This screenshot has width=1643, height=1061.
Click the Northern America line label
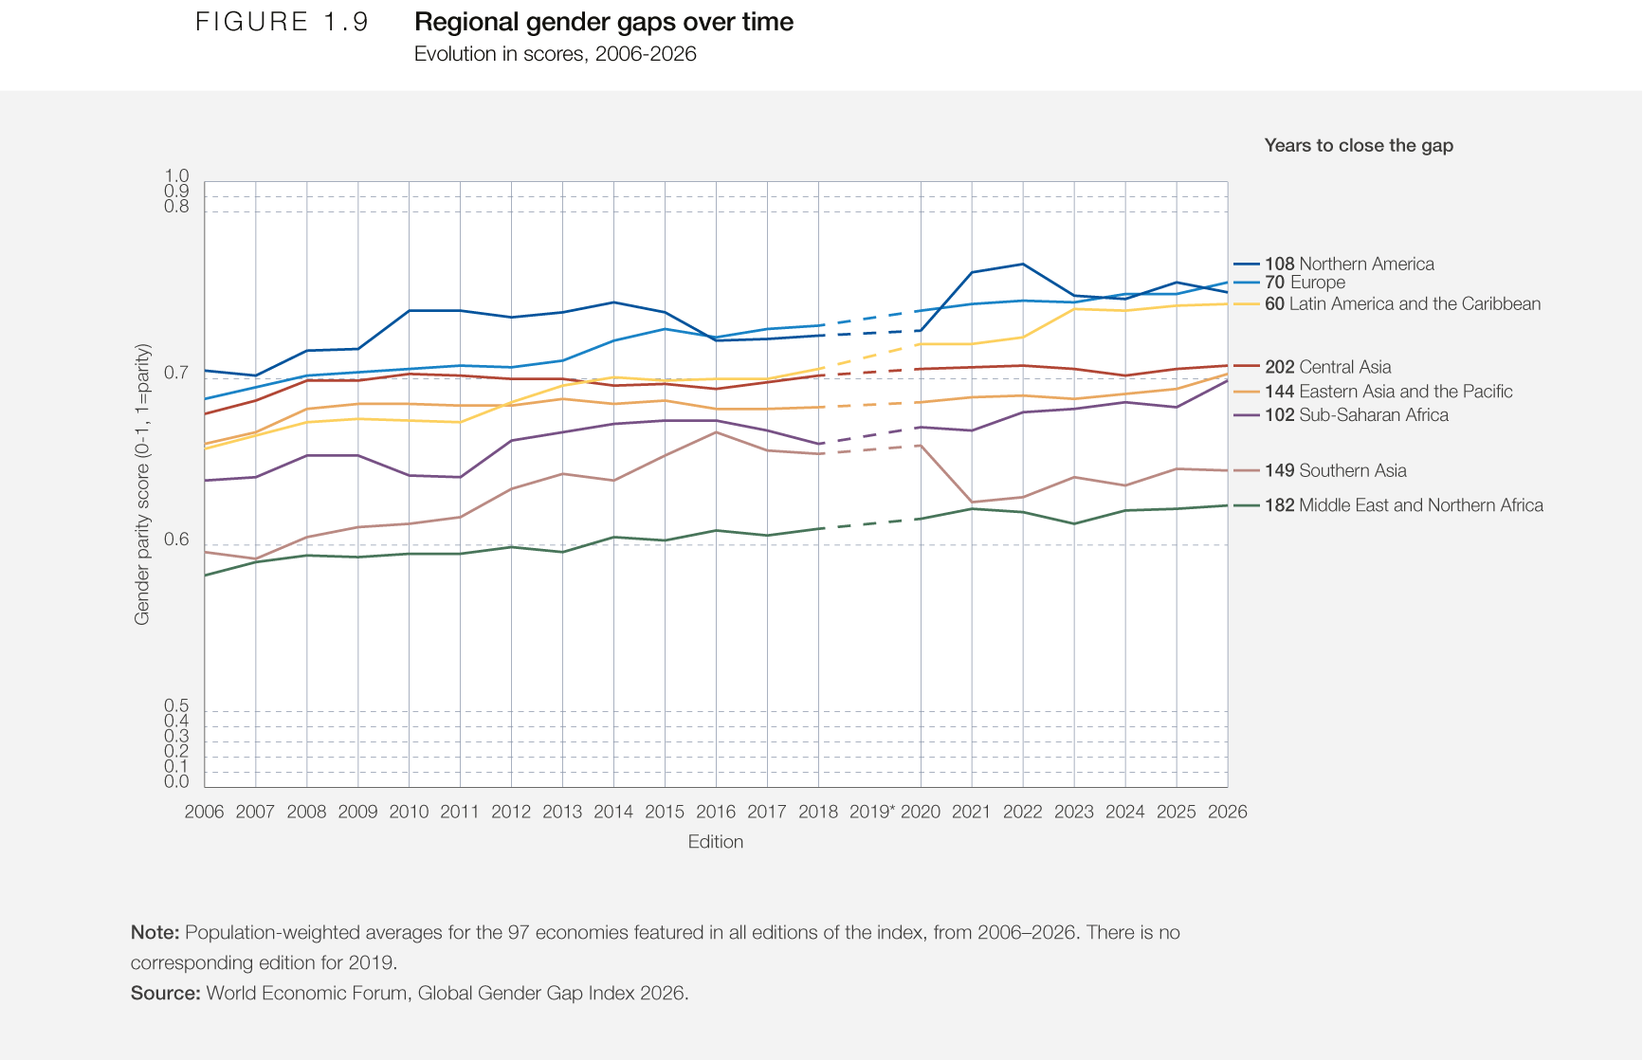[1349, 264]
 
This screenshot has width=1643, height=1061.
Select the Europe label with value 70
[1305, 283]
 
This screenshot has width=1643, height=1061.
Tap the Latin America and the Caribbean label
[1402, 303]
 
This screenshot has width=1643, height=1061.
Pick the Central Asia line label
[1327, 367]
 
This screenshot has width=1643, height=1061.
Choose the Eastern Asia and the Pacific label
[1388, 392]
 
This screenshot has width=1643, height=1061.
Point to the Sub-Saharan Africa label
[1356, 415]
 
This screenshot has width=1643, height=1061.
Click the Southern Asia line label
[1335, 470]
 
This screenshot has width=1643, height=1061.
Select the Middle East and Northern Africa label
[1403, 505]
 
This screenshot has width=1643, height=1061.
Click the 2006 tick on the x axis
[204, 812]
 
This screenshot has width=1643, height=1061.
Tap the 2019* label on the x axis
[871, 812]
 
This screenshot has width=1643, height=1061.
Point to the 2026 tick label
[1227, 812]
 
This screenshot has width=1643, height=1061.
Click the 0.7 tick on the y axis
[176, 373]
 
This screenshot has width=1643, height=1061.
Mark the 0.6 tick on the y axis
[176, 540]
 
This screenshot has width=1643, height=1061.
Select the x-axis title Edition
[716, 842]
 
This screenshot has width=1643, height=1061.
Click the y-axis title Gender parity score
[142, 485]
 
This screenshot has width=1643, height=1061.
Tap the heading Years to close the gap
[1359, 145]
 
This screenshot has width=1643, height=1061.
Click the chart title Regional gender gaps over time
[604, 22]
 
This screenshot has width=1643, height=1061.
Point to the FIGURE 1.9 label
[282, 22]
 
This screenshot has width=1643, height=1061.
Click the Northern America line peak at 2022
[1022, 264]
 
